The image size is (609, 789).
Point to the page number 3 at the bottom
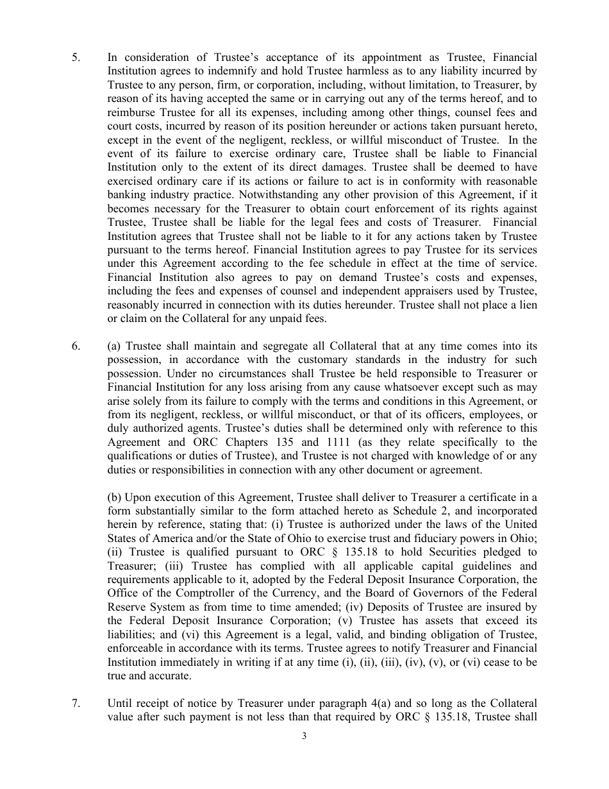[x=304, y=736]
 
